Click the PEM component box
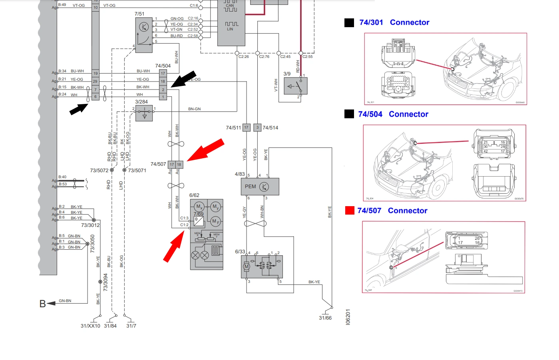click(260, 187)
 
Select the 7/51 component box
click(144, 35)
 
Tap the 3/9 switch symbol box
click(295, 86)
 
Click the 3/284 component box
click(144, 113)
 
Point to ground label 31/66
click(325, 318)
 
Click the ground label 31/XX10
click(90, 326)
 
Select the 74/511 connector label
click(233, 128)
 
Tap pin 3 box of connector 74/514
click(258, 128)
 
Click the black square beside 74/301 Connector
click(349, 23)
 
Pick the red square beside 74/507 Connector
click(350, 211)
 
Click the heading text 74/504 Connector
click(393, 114)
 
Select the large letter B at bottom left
click(42, 304)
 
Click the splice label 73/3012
click(90, 225)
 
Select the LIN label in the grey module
click(230, 29)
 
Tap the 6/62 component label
click(194, 195)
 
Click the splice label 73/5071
click(137, 171)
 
